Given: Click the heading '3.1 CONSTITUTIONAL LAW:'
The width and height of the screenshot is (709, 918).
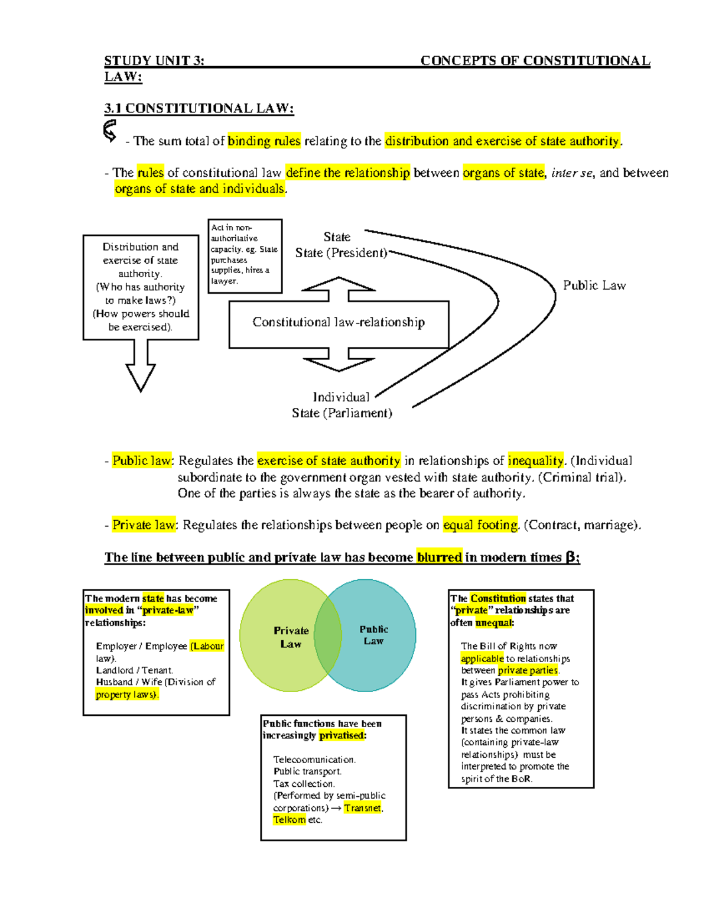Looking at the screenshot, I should pyautogui.click(x=199, y=108).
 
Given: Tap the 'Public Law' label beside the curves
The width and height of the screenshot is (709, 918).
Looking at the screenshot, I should pyautogui.click(x=594, y=286).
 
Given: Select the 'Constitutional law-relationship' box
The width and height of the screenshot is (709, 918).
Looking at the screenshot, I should pyautogui.click(x=339, y=323).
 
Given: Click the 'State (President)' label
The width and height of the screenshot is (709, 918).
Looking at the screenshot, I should pyautogui.click(x=341, y=253).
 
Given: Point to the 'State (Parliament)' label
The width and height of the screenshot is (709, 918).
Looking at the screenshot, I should pyautogui.click(x=342, y=413).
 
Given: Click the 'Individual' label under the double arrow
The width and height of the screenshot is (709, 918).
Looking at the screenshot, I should pyautogui.click(x=341, y=397).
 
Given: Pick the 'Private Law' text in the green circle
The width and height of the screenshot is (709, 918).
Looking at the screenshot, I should pyautogui.click(x=291, y=637).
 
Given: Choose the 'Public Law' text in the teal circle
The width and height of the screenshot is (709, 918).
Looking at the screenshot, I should pyautogui.click(x=374, y=635).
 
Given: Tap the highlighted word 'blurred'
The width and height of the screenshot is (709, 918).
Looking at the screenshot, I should pyautogui.click(x=439, y=557).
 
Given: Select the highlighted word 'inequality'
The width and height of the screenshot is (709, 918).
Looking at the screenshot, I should pyautogui.click(x=536, y=461).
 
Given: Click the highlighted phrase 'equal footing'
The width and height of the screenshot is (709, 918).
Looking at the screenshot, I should pyautogui.click(x=480, y=526).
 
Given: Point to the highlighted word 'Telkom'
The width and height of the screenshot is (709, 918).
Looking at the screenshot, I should pyautogui.click(x=289, y=820).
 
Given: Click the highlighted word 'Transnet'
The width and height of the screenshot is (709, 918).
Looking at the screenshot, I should pyautogui.click(x=363, y=808).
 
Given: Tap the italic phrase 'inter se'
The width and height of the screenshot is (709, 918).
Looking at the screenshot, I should pyautogui.click(x=571, y=173).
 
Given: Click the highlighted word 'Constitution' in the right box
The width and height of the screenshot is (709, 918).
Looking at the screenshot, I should pyautogui.click(x=497, y=598).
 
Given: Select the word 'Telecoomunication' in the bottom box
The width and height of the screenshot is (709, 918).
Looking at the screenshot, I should pyautogui.click(x=314, y=760).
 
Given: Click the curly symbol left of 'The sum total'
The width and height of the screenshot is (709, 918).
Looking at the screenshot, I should pyautogui.click(x=110, y=131).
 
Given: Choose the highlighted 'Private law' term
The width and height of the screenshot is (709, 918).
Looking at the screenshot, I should pyautogui.click(x=144, y=526).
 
